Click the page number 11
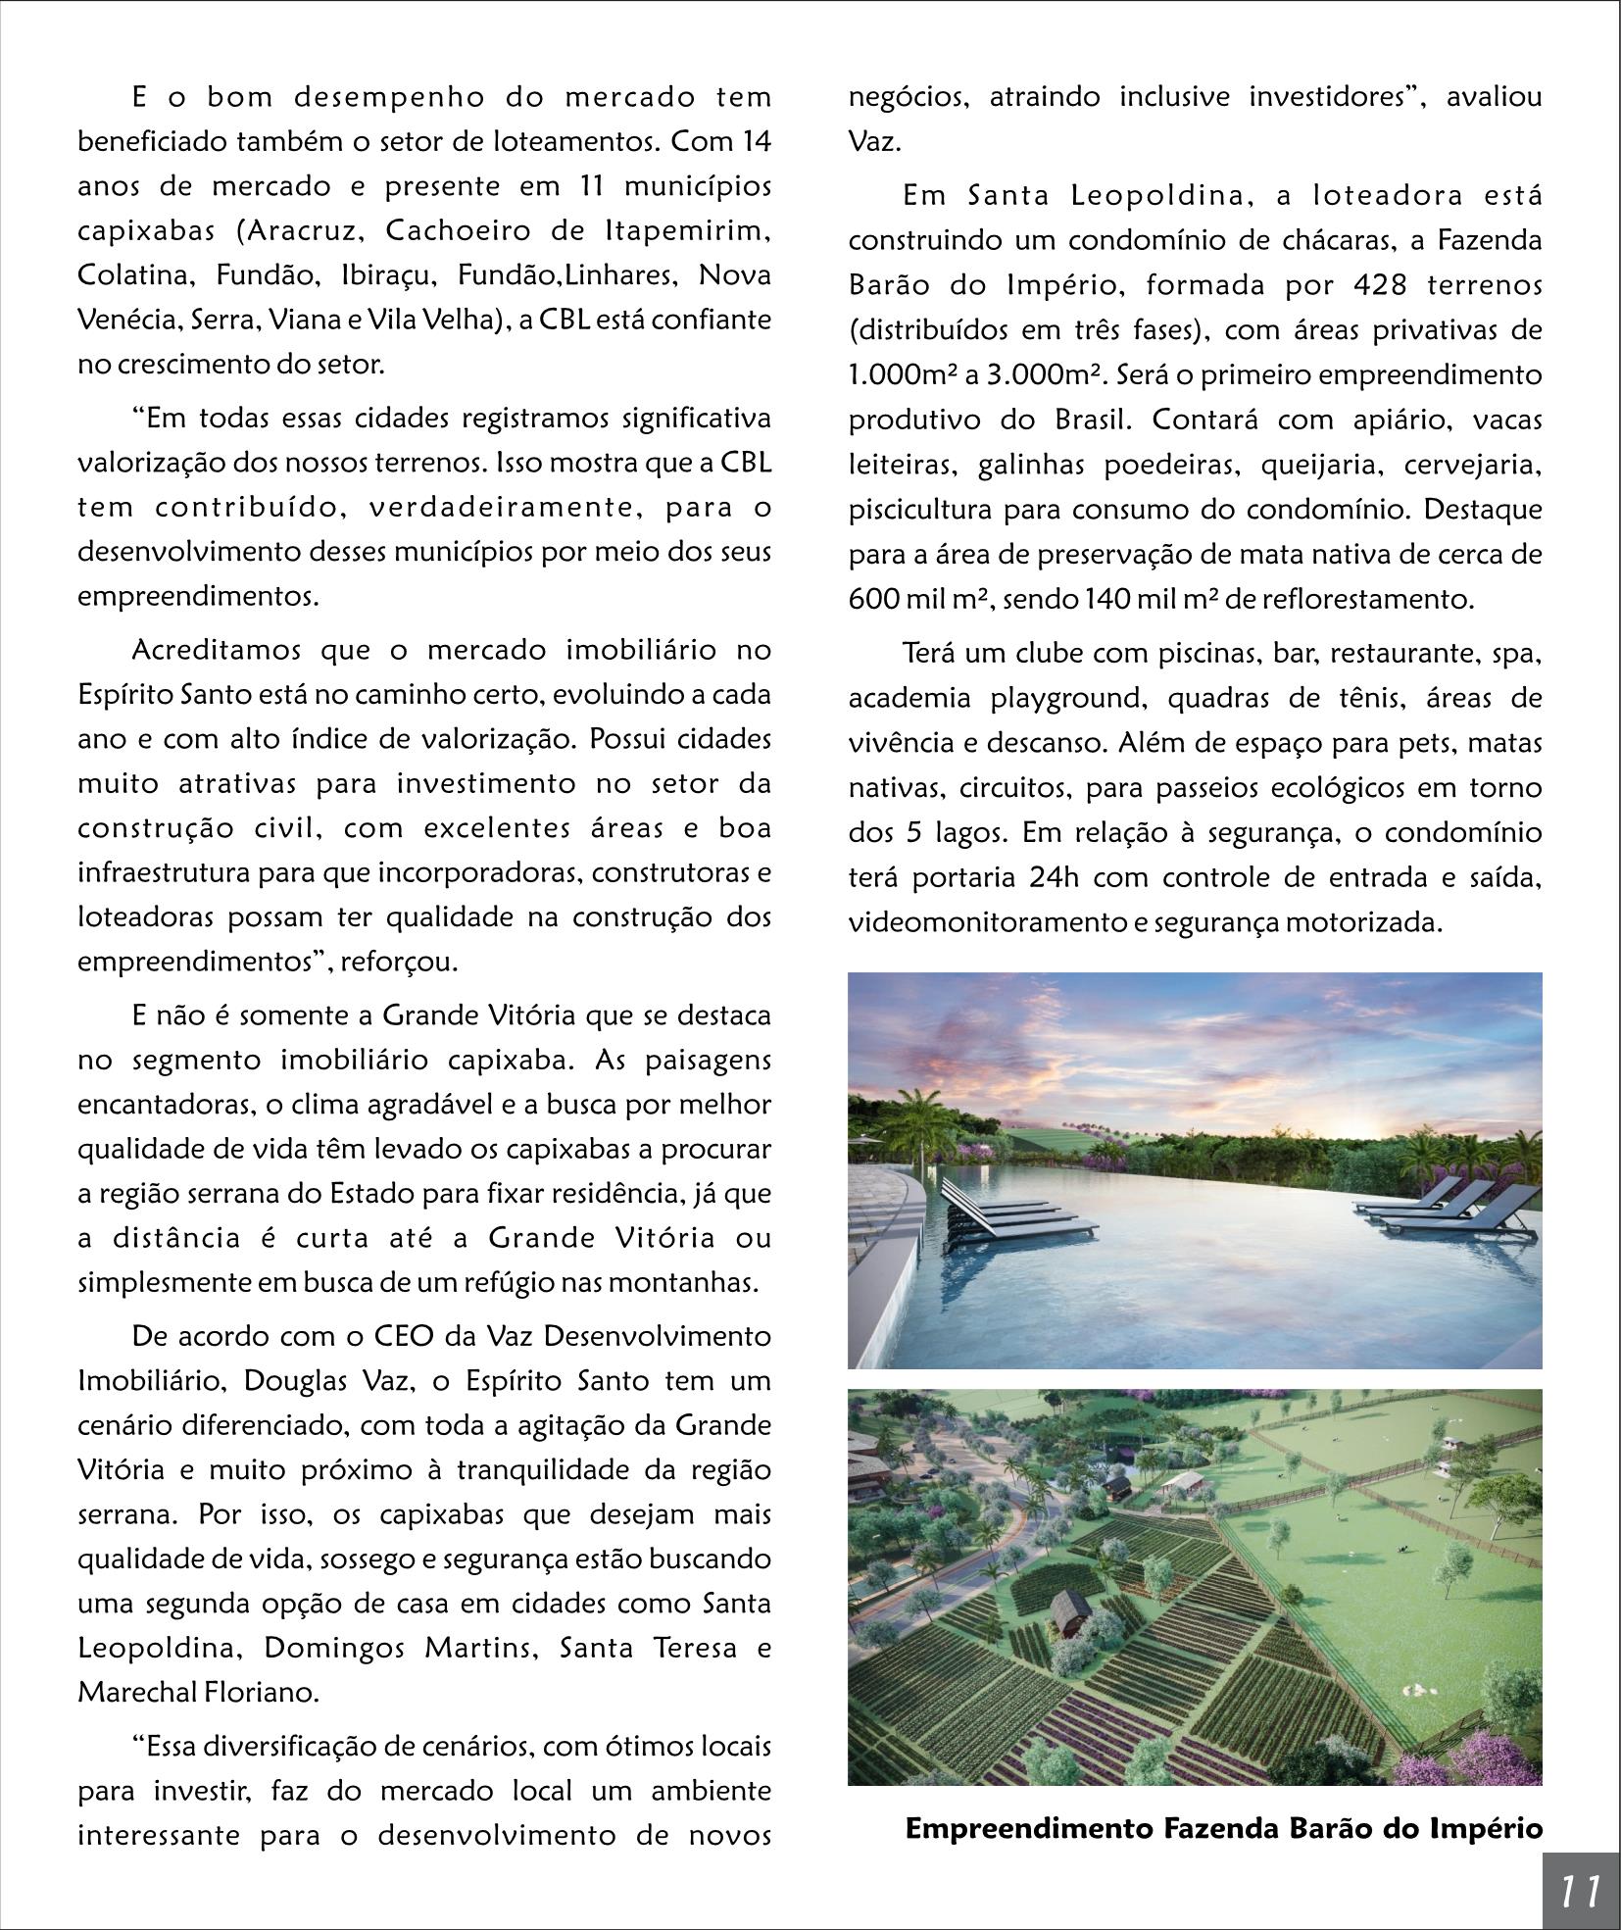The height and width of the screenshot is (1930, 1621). pos(1580,1889)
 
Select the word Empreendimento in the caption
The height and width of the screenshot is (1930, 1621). pos(1029,1828)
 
